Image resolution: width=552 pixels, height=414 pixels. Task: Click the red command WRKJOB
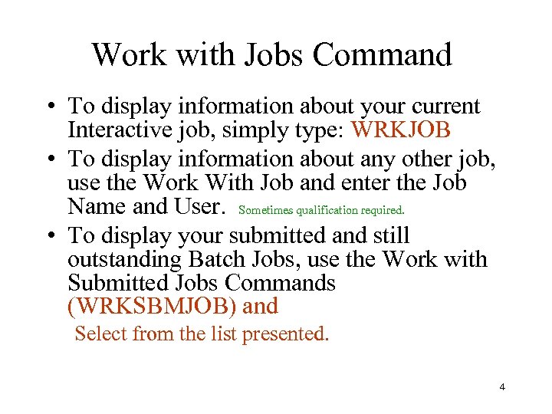click(400, 130)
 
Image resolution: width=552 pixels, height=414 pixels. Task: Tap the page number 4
click(502, 387)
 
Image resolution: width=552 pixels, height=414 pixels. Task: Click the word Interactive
click(115, 130)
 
